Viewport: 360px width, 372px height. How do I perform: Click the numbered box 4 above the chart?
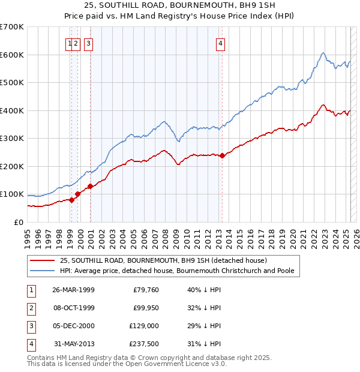221,43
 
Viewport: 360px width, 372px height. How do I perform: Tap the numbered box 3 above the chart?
88,43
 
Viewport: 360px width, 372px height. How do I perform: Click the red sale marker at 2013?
222,155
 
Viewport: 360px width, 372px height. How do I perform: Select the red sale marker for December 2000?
90,186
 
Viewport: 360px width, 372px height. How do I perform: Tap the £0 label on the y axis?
18,222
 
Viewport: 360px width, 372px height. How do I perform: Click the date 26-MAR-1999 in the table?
73,290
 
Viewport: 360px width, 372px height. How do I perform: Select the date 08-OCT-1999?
73,308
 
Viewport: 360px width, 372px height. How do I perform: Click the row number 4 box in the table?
31,344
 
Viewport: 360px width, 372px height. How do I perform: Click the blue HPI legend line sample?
42,271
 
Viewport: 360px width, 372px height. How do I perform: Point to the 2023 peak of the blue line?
323,53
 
